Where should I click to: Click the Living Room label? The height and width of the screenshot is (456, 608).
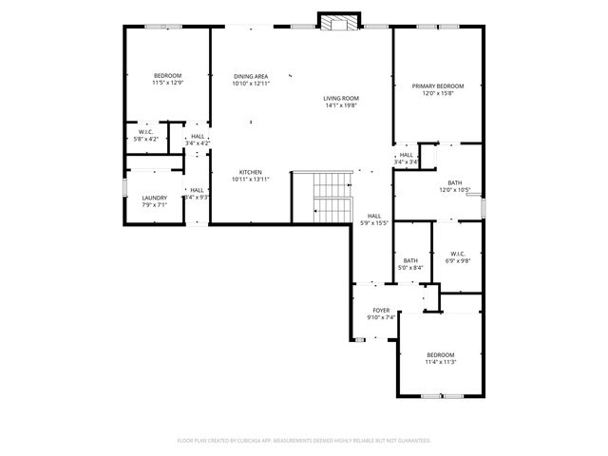click(340, 98)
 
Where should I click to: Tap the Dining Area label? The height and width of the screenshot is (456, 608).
click(250, 76)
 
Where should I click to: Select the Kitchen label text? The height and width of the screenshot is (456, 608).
click(250, 172)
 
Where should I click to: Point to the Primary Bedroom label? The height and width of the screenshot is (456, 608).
click(438, 85)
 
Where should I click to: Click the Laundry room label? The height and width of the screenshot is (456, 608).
click(155, 198)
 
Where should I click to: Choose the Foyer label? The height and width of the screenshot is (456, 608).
click(381, 310)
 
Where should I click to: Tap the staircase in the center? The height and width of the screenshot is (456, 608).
click(321, 197)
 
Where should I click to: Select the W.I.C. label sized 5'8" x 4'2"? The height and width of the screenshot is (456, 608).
click(146, 132)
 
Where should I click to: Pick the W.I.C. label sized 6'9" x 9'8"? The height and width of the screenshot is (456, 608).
click(457, 254)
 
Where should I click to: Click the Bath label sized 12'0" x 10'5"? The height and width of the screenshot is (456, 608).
click(455, 182)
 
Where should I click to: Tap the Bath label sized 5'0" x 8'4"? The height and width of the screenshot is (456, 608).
click(410, 261)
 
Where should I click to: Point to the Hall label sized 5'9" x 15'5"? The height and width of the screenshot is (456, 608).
click(374, 216)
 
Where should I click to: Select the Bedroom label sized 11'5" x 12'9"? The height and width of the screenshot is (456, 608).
click(168, 76)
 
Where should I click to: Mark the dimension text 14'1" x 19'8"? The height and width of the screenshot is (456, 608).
click(340, 104)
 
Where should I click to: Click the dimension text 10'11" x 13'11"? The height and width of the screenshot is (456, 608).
click(250, 179)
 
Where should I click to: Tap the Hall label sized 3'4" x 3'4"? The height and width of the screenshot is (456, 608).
click(406, 155)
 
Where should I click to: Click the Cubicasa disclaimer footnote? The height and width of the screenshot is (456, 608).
click(304, 440)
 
